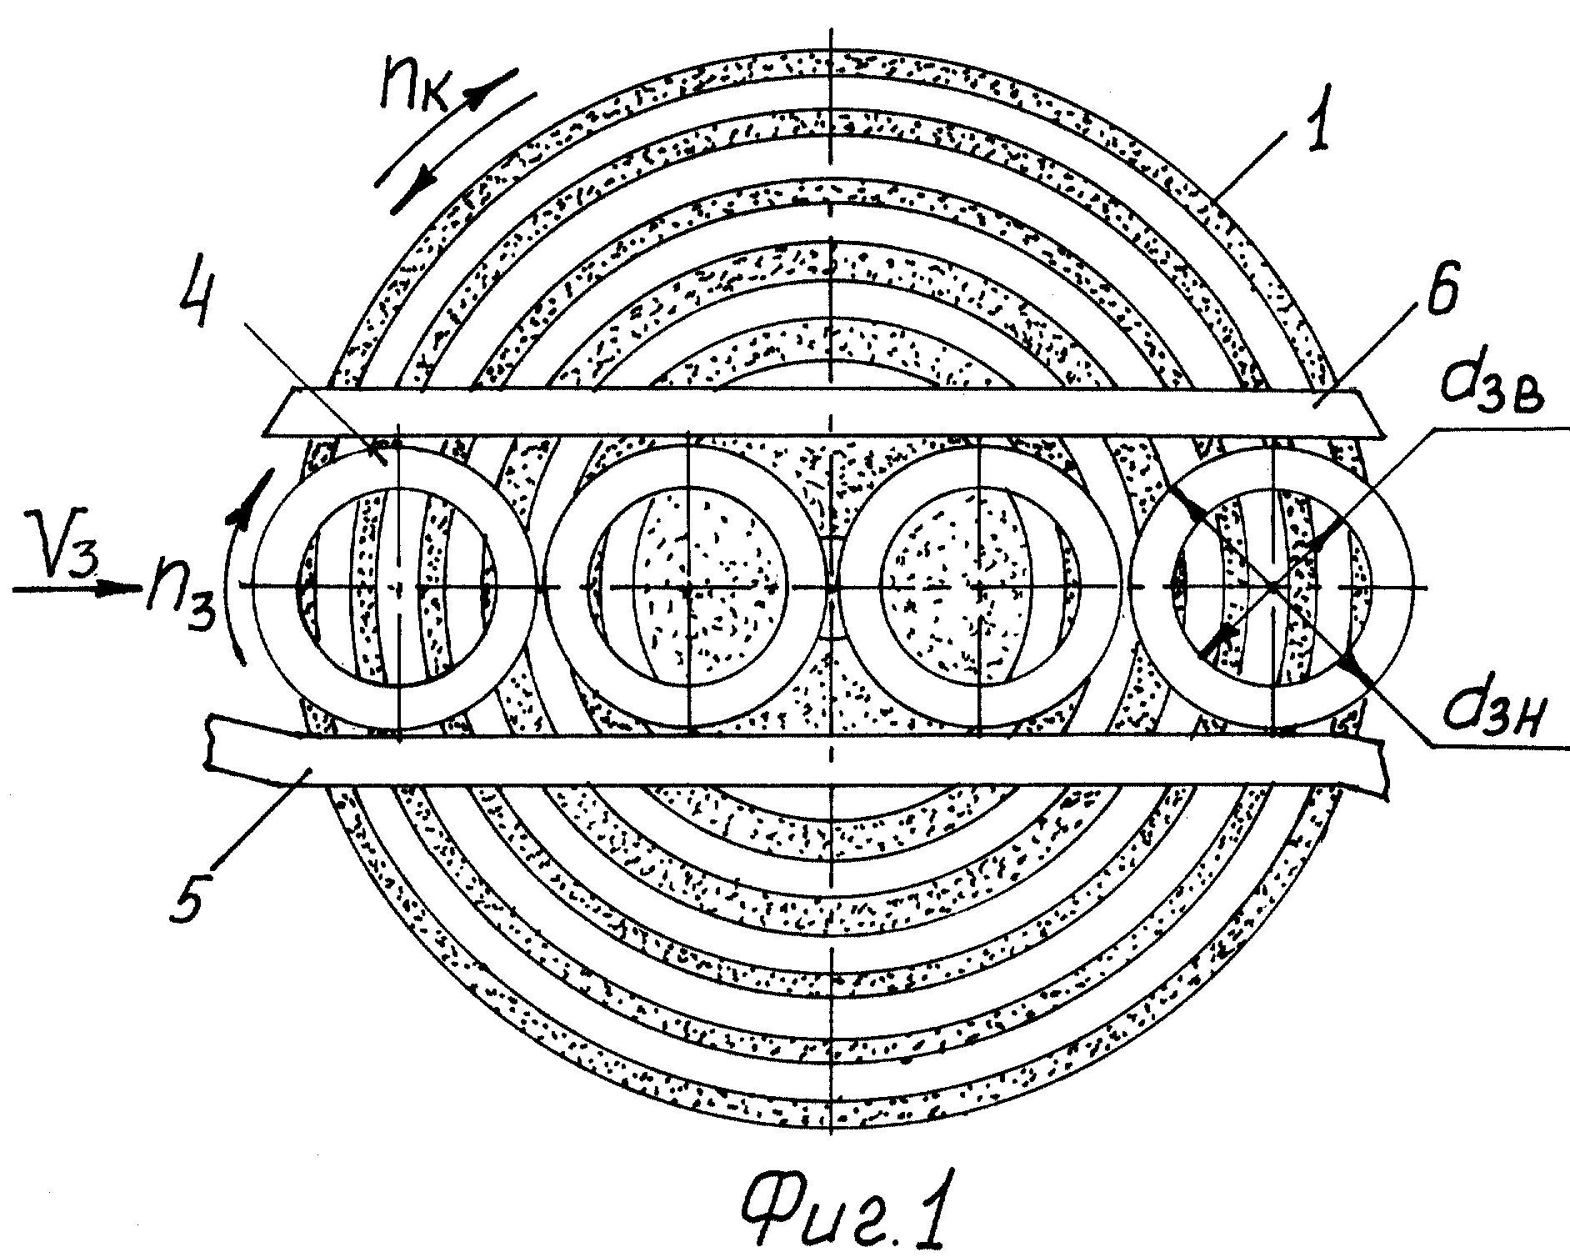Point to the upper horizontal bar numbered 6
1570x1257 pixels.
tap(825, 412)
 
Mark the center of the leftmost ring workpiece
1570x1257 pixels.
tap(399, 588)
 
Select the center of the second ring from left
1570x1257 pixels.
tap(688, 588)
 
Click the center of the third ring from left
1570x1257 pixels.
tap(980, 588)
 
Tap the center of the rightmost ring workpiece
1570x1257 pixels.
tap(1272, 588)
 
